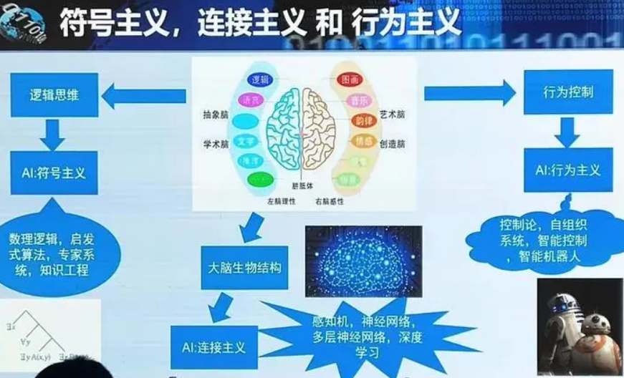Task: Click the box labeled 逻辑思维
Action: [54, 94]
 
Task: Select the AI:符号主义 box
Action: [54, 173]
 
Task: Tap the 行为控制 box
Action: [568, 92]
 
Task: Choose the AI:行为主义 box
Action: [568, 170]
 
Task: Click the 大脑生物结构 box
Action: [244, 268]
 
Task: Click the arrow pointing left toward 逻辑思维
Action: [143, 95]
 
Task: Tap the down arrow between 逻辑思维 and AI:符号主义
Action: [54, 133]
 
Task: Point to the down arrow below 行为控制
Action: [567, 132]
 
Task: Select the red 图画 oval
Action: [350, 79]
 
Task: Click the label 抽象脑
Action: [215, 115]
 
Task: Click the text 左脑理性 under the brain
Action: [279, 201]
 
